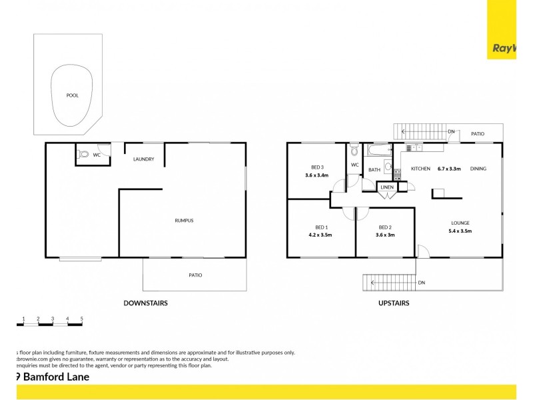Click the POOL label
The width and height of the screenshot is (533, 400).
[x=72, y=95]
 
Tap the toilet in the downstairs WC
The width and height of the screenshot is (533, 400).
[x=83, y=155]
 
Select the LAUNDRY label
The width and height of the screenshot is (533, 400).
[x=144, y=159]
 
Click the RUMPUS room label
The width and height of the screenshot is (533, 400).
[x=184, y=221]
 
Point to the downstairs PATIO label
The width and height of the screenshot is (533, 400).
[x=195, y=275]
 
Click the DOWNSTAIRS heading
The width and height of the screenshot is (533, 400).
[x=145, y=303]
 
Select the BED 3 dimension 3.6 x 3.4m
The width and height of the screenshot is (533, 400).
[x=318, y=176]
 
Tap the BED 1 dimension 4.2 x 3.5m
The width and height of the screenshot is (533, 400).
[x=320, y=235]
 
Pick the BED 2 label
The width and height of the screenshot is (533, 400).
[x=384, y=227]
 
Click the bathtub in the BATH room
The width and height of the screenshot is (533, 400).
[x=378, y=150]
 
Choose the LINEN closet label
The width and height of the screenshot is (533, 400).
[x=387, y=188]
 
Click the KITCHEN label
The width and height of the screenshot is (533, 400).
[x=420, y=169]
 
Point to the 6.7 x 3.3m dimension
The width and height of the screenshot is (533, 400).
[x=449, y=169]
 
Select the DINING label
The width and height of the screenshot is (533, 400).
[x=478, y=169]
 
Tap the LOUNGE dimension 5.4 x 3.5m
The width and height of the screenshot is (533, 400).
[x=460, y=231]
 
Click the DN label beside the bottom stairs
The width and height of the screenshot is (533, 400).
[x=421, y=283]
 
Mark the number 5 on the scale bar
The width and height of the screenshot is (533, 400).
[x=81, y=319]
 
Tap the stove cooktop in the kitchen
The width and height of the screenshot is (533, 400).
[x=396, y=175]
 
